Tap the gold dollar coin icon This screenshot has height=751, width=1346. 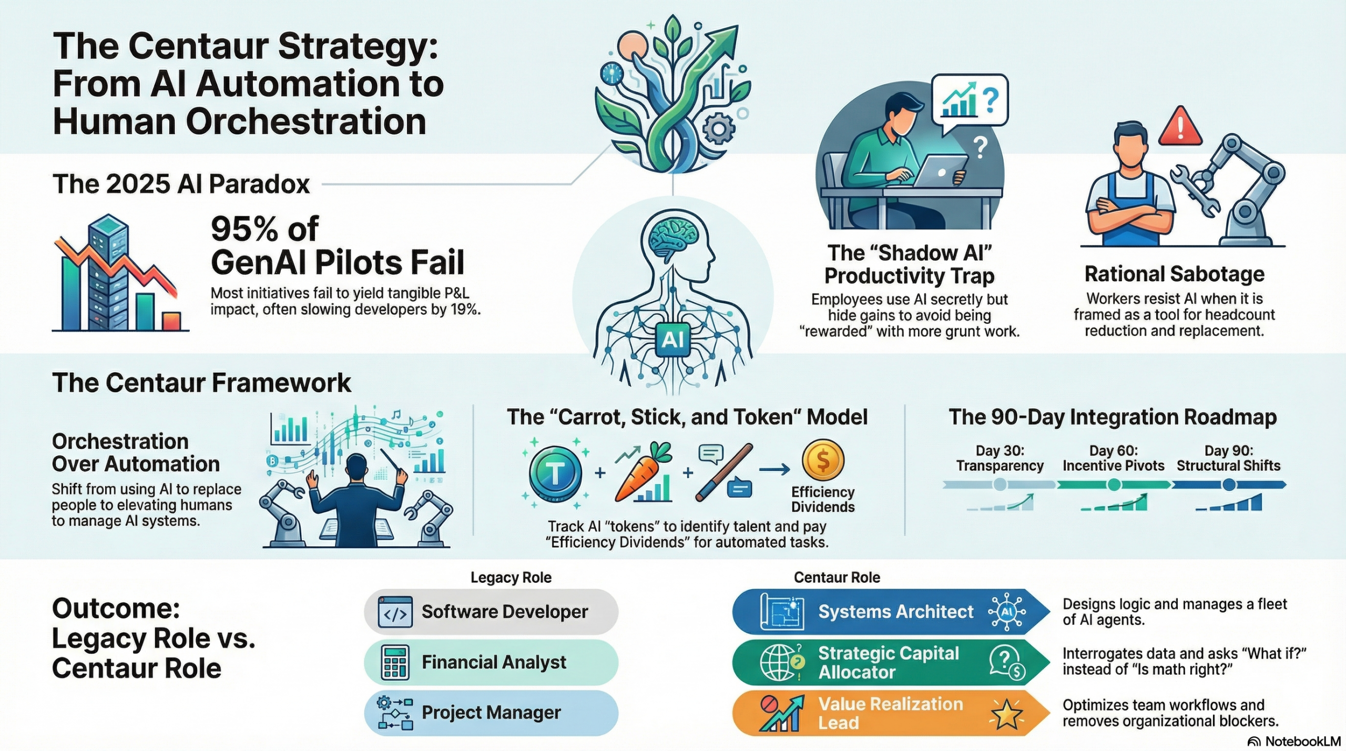click(823, 460)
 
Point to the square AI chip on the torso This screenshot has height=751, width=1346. click(673, 340)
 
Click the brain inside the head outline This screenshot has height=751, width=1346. click(673, 239)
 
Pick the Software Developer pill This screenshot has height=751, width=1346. click(491, 612)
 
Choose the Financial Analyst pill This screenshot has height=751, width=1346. click(491, 662)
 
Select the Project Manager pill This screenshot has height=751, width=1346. click(491, 713)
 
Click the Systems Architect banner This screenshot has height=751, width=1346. click(889, 612)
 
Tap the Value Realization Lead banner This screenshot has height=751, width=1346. click(889, 713)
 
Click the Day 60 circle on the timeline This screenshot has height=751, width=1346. click(1114, 485)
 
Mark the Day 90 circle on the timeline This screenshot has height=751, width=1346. click(1229, 485)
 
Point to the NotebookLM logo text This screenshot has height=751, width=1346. click(1302, 742)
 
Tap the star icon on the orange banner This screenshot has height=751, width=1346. click(1006, 714)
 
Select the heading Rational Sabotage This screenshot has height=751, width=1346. click(1174, 274)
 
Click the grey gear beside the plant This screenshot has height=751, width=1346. click(718, 128)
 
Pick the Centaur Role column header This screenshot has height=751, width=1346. click(837, 578)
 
